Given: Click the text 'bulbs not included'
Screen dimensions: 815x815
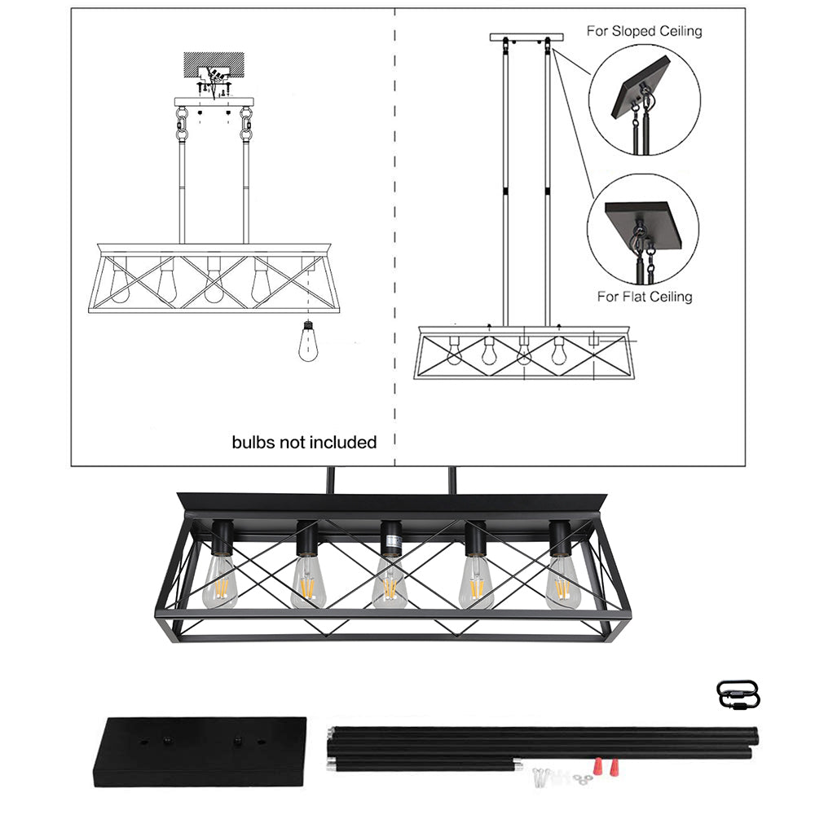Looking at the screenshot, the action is pos(304,443).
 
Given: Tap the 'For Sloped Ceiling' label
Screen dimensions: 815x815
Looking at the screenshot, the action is pos(644,31).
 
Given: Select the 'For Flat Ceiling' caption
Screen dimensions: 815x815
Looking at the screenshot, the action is pos(645,297).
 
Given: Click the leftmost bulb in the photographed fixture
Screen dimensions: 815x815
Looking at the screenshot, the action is pos(220,582).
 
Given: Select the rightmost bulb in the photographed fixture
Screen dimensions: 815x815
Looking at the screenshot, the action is pos(562,582).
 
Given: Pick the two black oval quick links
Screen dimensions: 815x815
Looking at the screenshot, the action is pos(738,694).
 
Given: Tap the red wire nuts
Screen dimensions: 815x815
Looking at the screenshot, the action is pos(606,765).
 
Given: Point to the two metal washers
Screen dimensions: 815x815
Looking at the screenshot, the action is pos(583,778).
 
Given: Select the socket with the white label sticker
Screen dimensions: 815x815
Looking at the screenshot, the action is pos(391,539).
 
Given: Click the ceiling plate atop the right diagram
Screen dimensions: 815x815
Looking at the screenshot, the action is pos(526,37).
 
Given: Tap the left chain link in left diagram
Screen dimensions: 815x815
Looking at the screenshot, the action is pos(182,124).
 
